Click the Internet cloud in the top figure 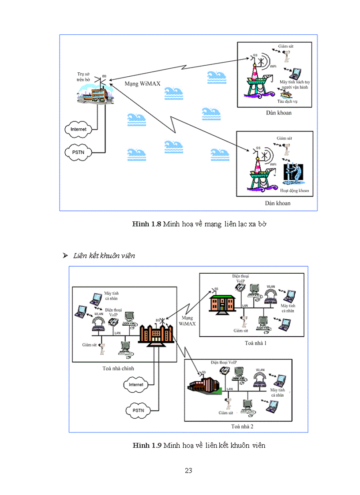point(78,129)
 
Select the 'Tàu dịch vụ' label point(290,101)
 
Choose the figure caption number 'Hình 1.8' point(147,224)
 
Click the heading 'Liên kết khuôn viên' point(104,256)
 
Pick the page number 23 point(188,470)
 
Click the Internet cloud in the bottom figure point(136,384)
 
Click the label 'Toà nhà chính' point(115,368)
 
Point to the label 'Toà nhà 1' point(256,342)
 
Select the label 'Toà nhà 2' point(242,426)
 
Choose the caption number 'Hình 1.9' point(147,446)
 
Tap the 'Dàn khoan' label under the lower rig point(278,203)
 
